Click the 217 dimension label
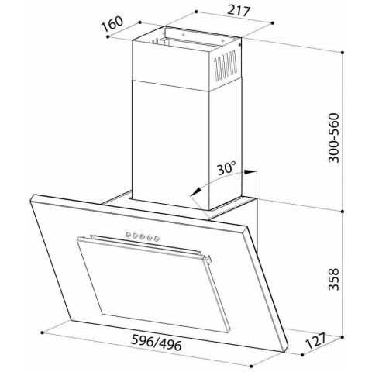[239, 12]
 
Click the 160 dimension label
[112, 23]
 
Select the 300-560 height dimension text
[333, 137]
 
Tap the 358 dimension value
[333, 279]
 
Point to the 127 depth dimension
[315, 340]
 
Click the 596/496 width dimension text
[157, 343]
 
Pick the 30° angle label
[226, 167]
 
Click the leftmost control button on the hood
[128, 235]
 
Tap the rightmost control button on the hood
[156, 239]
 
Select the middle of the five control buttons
[142, 236]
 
